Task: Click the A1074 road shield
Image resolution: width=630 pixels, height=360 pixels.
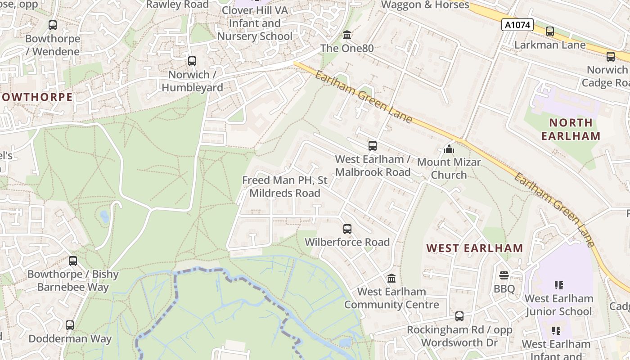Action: (517, 25)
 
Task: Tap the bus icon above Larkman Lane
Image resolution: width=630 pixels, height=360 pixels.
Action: (549, 31)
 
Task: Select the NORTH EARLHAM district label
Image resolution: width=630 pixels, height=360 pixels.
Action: (571, 129)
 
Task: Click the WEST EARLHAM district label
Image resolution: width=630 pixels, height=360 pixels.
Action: (474, 248)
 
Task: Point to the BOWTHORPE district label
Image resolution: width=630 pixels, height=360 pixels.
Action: (36, 97)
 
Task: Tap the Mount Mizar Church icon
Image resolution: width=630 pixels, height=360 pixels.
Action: (449, 148)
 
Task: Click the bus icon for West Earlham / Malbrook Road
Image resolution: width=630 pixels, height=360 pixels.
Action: (373, 146)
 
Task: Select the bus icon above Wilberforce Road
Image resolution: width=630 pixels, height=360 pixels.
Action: (347, 229)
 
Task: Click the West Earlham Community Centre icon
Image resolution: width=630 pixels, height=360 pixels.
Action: (391, 279)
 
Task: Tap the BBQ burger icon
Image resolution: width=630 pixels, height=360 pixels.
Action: (504, 275)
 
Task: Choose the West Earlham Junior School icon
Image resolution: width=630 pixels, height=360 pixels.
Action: (559, 285)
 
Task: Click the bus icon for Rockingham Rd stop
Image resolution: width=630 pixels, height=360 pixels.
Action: (459, 316)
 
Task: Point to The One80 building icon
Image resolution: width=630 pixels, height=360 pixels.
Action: (347, 35)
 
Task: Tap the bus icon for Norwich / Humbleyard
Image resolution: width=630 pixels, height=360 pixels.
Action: (192, 61)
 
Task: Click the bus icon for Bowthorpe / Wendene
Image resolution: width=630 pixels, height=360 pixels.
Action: (53, 25)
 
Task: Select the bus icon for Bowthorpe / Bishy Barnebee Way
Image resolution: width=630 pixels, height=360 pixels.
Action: (73, 261)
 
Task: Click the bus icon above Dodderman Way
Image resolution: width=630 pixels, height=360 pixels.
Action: (70, 325)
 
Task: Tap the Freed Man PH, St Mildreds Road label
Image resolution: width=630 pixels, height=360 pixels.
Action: (284, 187)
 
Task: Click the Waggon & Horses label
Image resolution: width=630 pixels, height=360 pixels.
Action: (424, 5)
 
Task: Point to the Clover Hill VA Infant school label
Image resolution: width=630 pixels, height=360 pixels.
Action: (255, 23)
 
